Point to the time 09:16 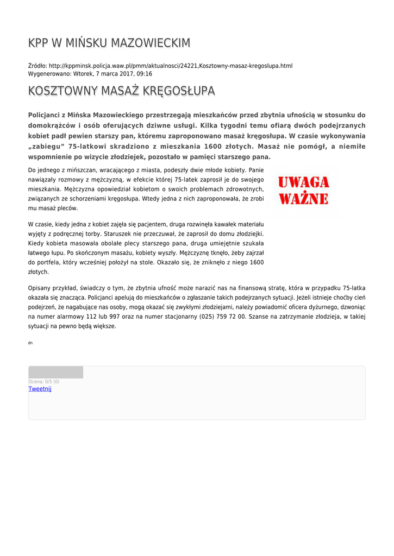(x=144, y=74)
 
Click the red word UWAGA (x=304, y=182)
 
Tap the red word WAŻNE (x=304, y=198)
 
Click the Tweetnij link (x=40, y=389)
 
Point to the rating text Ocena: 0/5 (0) (x=44, y=382)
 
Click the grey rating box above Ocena (x=55, y=372)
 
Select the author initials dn (x=30, y=343)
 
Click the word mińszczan (x=70, y=170)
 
